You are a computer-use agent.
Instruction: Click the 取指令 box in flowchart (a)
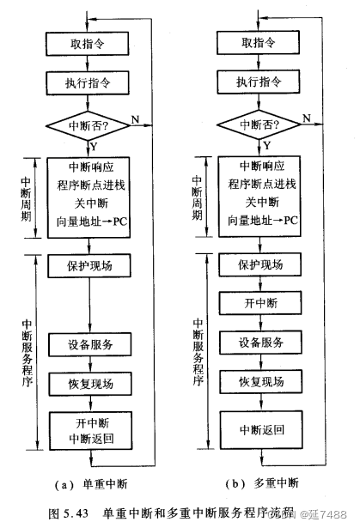pos(90,43)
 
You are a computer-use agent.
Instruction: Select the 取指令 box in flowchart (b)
pos(259,43)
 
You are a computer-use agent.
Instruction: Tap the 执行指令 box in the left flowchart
pos(90,84)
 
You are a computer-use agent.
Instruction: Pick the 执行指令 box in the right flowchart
pos(259,84)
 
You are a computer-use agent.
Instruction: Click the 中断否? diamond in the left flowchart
pos(90,125)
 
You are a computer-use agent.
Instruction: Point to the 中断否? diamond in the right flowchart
pos(259,125)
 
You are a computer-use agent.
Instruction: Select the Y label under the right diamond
pos(266,146)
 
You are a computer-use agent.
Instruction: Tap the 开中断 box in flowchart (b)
pos(259,303)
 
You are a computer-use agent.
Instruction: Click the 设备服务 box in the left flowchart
pos(90,344)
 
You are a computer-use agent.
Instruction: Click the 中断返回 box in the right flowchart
pos(259,427)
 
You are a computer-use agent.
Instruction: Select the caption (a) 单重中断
pos(95,483)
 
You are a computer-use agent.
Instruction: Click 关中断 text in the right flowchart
pos(259,203)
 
